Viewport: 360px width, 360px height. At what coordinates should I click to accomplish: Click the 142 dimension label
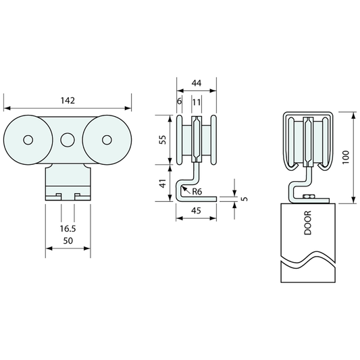(x=68, y=101)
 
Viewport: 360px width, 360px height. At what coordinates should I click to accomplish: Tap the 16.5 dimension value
(x=68, y=229)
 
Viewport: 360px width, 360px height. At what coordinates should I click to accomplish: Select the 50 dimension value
(x=68, y=241)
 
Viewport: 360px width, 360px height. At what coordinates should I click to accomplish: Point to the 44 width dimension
(x=197, y=83)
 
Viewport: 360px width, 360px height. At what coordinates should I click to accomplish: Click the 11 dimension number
(x=197, y=102)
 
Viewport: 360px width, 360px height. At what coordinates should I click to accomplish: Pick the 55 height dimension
(x=163, y=140)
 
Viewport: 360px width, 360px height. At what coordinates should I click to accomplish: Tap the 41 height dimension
(x=163, y=184)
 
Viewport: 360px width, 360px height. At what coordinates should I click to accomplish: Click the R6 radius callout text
(x=197, y=191)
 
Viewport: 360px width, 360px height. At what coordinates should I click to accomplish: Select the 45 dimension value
(x=196, y=211)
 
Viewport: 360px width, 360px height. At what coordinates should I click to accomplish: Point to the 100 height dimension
(x=346, y=157)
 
